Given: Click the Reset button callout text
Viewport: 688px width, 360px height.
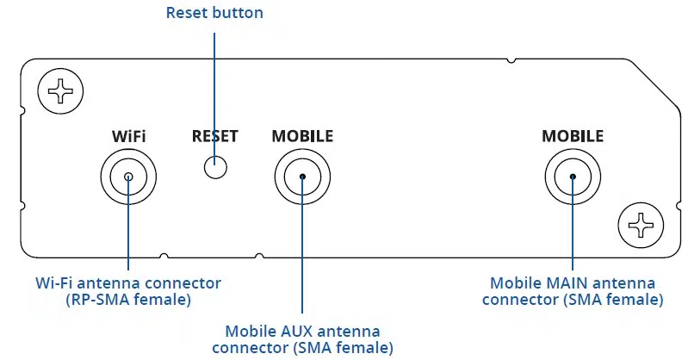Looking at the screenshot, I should pos(215,13).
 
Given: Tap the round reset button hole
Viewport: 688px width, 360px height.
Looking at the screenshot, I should pos(215,166).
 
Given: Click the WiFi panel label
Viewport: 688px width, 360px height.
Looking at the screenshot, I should pos(128,136).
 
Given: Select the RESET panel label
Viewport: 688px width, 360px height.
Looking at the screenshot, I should pos(215,136).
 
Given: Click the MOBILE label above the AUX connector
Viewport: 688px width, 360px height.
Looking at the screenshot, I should pos(302,136).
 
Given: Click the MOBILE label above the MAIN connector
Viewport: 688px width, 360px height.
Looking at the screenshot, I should pos(573,136).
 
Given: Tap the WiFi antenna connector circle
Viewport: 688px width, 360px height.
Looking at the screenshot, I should pos(128,178).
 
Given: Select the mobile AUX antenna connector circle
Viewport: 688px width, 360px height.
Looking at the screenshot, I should pos(302,178).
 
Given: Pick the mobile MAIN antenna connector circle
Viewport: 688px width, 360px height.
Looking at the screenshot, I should pos(573,178).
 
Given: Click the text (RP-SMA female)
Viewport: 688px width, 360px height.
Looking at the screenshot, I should pos(128,300).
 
